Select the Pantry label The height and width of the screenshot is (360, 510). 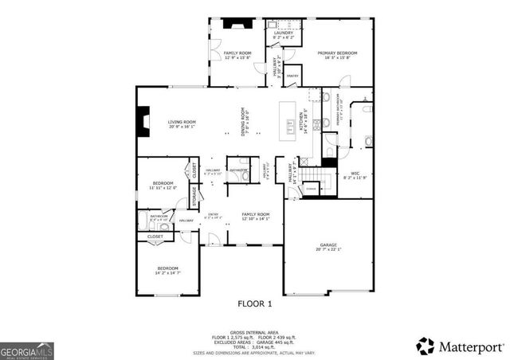(x=292, y=77)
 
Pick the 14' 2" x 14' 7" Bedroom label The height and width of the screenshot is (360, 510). (x=167, y=270)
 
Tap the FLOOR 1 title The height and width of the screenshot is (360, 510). (x=255, y=303)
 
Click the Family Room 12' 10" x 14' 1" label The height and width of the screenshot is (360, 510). (x=255, y=217)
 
